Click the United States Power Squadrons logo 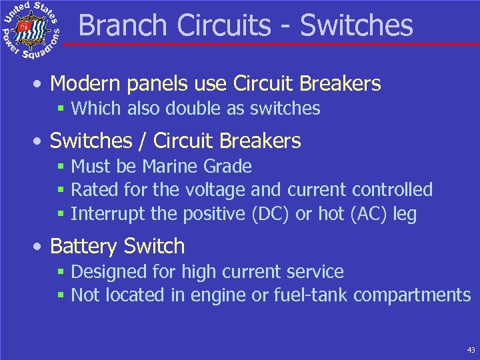pos(31,31)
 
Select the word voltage pos(214,190)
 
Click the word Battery pos(81,246)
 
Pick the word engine pos(211,295)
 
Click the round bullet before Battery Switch pos(41,247)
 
